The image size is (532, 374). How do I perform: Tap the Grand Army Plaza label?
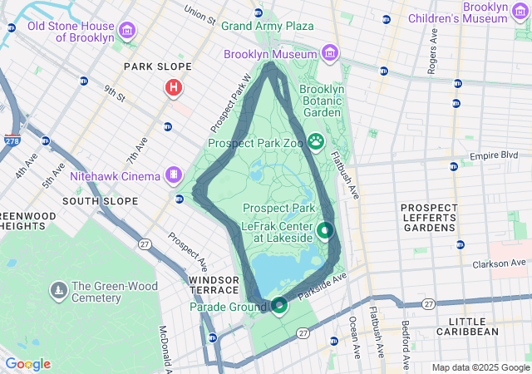click(267, 26)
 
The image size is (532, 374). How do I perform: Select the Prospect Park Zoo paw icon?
click(316, 141)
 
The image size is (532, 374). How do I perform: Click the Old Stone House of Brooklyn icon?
click(127, 32)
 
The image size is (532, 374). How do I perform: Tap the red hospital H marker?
click(173, 87)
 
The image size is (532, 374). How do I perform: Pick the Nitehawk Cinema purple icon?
click(173, 175)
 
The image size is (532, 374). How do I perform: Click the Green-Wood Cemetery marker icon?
click(59, 290)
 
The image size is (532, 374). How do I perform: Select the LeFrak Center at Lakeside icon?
click(324, 229)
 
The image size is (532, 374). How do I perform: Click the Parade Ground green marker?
click(279, 306)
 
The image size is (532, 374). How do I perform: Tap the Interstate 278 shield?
click(12, 141)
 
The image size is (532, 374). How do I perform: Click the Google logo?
click(27, 364)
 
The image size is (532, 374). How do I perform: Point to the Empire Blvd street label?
click(494, 155)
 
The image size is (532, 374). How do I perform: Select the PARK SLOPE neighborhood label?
click(157, 66)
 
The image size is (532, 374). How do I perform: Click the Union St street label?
click(199, 14)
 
